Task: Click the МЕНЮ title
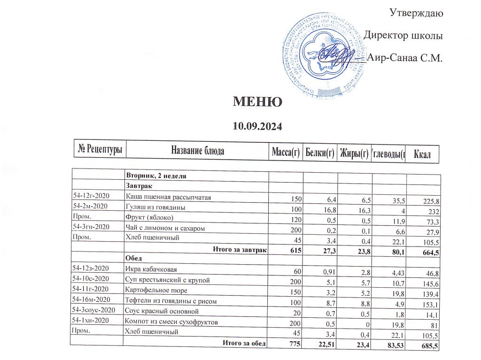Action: tap(257, 102)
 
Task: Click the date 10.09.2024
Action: tap(257, 126)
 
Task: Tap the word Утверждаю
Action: tap(416, 13)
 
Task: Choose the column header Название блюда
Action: tap(197, 151)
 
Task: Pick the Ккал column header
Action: tap(422, 154)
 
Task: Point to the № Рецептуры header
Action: tap(100, 149)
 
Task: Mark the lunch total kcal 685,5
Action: tap(427, 346)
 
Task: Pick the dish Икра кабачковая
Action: tap(150, 269)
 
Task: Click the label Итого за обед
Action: tap(244, 344)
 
